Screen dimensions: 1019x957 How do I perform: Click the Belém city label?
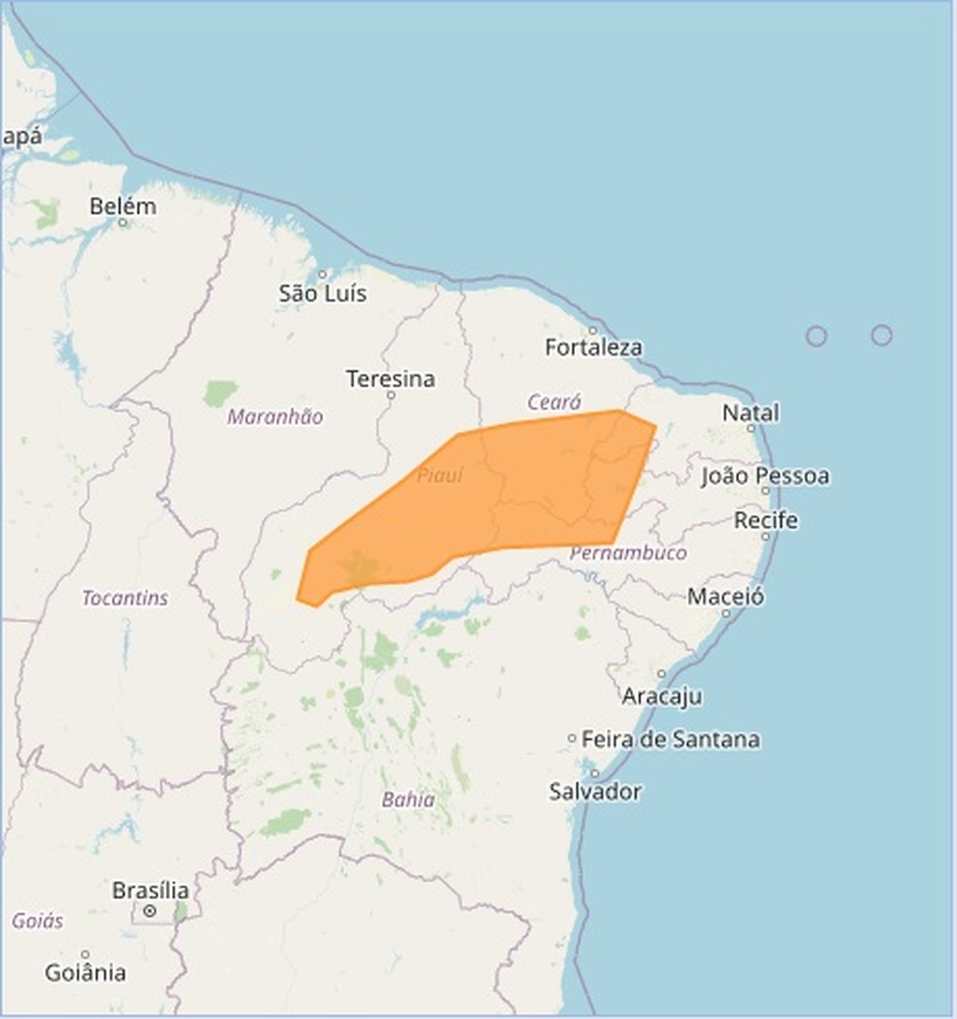click(123, 206)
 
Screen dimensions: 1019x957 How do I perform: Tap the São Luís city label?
click(323, 293)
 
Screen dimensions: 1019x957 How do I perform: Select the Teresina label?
click(391, 378)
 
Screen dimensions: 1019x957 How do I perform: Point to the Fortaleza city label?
click(593, 347)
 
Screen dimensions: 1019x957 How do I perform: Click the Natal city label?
click(751, 412)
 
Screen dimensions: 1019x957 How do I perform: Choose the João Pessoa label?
click(765, 475)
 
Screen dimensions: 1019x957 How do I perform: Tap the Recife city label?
click(766, 520)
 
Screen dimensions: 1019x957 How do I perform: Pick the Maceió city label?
click(726, 596)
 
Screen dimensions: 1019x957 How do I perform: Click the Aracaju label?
click(662, 696)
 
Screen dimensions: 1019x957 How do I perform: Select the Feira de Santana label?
click(670, 739)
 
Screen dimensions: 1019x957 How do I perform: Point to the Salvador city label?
click(595, 791)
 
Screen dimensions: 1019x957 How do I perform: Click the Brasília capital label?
click(151, 890)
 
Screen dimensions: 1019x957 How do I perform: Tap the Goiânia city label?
click(86, 971)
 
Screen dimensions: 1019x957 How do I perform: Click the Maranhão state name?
click(275, 416)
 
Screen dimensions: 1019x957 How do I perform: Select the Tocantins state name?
click(124, 598)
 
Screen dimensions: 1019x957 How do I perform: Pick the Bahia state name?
click(408, 800)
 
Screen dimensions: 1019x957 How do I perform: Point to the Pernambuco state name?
click(628, 552)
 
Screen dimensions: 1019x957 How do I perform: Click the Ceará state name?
click(554, 402)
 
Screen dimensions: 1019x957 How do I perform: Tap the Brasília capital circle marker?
click(150, 911)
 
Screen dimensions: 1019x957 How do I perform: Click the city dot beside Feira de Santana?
click(572, 739)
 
